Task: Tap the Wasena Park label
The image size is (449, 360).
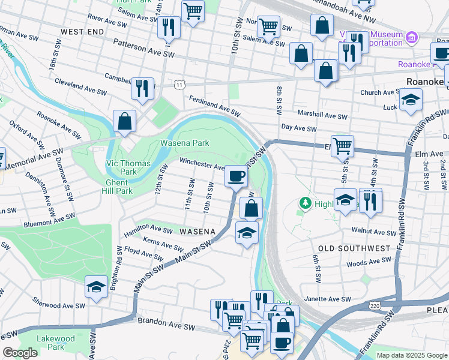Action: (x=184, y=143)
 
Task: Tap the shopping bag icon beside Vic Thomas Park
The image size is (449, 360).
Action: (x=124, y=121)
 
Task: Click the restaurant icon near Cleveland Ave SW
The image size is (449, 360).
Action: (x=142, y=88)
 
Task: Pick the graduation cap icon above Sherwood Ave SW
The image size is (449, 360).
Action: (x=96, y=287)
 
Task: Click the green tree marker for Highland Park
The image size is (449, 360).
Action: (x=306, y=205)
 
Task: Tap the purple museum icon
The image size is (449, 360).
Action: (x=411, y=39)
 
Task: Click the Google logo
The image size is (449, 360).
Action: (x=20, y=353)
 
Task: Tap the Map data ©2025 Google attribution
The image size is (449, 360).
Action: (x=411, y=355)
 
